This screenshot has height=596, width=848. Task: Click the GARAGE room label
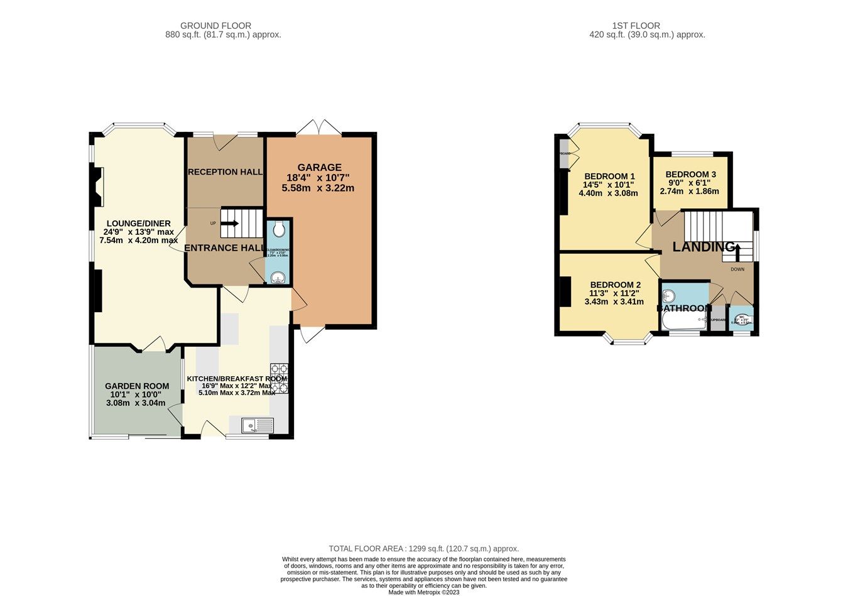[319, 168]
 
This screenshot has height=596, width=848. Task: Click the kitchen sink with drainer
[258, 426]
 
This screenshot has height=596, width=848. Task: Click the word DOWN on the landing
[737, 269]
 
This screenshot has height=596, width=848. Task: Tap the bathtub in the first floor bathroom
[683, 322]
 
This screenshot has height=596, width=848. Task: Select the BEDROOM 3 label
[690, 175]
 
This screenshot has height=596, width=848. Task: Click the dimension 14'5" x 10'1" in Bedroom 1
[608, 185]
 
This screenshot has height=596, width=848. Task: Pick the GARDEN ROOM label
[136, 386]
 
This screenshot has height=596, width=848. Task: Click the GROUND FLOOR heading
[215, 26]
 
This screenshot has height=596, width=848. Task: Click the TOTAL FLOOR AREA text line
[424, 548]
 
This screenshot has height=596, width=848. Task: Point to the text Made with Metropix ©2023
[424, 592]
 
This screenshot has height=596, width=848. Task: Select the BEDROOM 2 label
[615, 284]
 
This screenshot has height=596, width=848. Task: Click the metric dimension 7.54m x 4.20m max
[138, 241]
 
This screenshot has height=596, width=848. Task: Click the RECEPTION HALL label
[225, 172]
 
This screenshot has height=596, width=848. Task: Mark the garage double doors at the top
[319, 127]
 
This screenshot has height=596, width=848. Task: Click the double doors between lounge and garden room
[153, 344]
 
